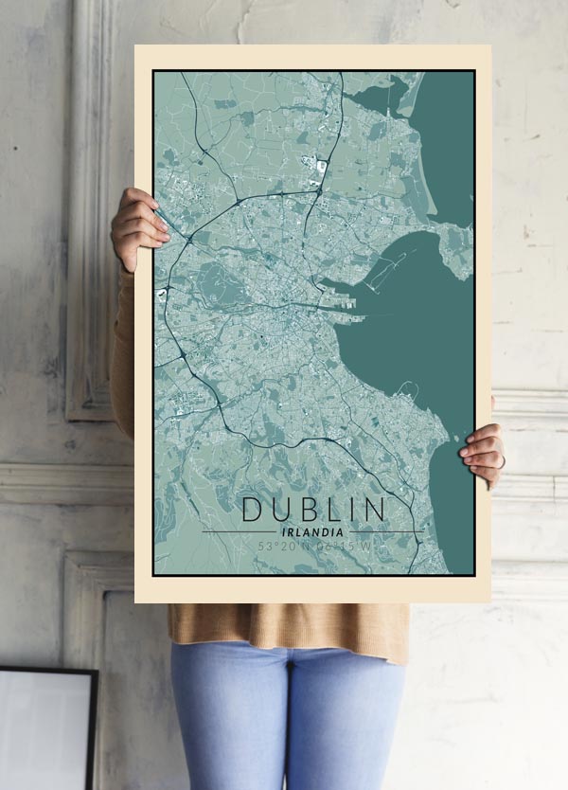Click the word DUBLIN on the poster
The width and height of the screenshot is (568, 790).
point(314,509)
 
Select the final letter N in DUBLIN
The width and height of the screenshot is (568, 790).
point(376,509)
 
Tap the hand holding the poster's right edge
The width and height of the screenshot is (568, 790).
point(483,454)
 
